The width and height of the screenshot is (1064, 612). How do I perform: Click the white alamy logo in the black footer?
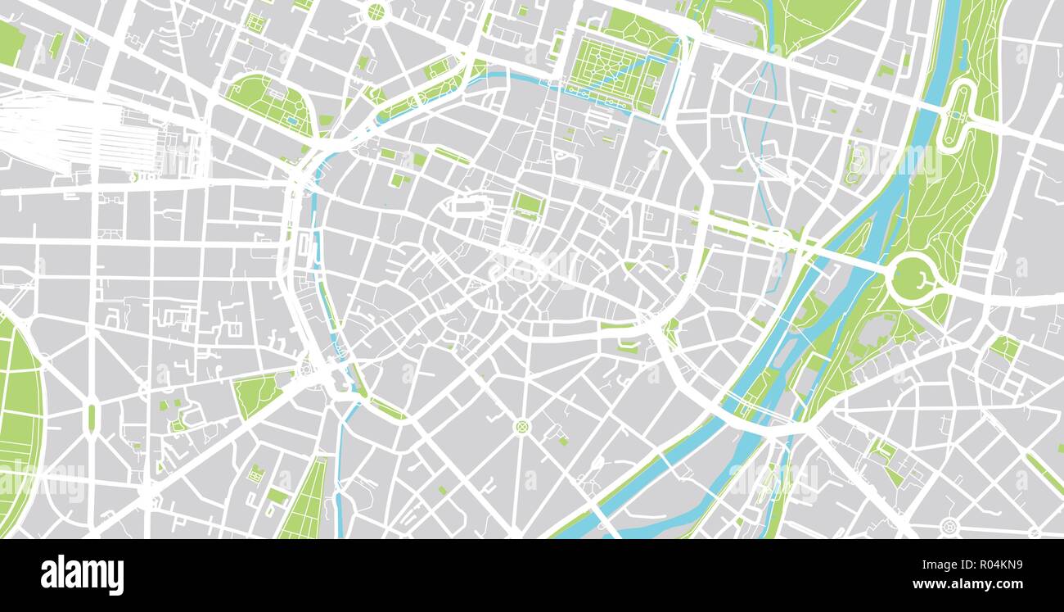click(82, 575)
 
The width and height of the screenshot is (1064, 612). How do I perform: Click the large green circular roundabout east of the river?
click(913, 279)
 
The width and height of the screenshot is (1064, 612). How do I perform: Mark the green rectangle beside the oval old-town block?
click(527, 204)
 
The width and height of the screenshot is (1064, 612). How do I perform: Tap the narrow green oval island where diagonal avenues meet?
click(92, 416)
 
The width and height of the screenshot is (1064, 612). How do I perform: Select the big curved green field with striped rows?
click(18, 418)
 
